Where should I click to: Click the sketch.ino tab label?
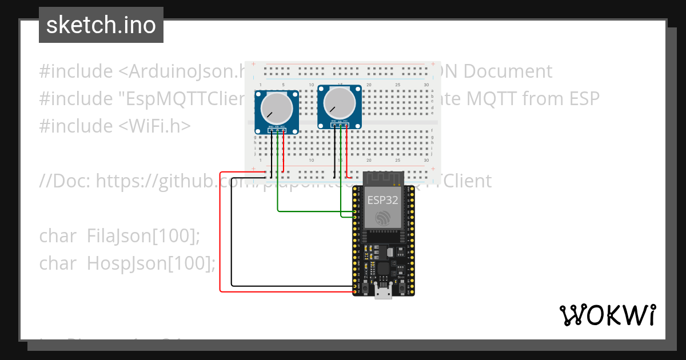pyautogui.click(x=101, y=25)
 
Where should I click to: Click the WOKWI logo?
pyautogui.click(x=607, y=315)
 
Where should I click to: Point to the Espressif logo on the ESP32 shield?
pyautogui.click(x=382, y=218)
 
